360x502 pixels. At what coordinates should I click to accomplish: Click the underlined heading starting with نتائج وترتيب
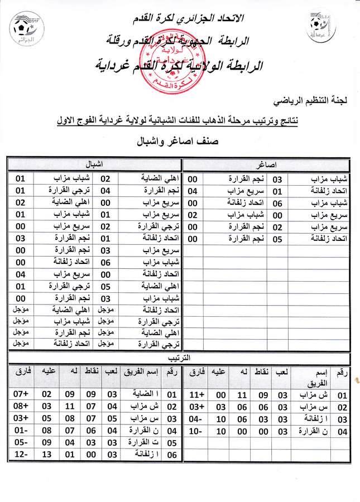pyautogui.click(x=203, y=119)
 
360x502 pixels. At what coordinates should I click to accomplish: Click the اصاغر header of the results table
pyautogui.click(x=267, y=165)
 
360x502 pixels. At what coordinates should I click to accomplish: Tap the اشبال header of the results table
pyautogui.click(x=95, y=165)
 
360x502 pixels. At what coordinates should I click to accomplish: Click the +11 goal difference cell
pyautogui.click(x=198, y=395)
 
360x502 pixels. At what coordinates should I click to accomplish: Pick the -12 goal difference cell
pyautogui.click(x=21, y=455)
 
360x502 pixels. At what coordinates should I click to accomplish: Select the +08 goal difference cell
pyautogui.click(x=21, y=407)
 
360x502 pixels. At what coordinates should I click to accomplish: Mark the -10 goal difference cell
pyautogui.click(x=198, y=431)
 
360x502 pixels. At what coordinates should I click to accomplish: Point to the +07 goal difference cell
pyautogui.click(x=21, y=395)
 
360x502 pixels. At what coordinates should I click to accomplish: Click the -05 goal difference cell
pyautogui.click(x=21, y=443)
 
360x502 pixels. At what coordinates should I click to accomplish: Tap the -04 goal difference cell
pyautogui.click(x=198, y=419)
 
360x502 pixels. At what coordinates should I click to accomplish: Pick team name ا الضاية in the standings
pyautogui.click(x=147, y=395)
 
